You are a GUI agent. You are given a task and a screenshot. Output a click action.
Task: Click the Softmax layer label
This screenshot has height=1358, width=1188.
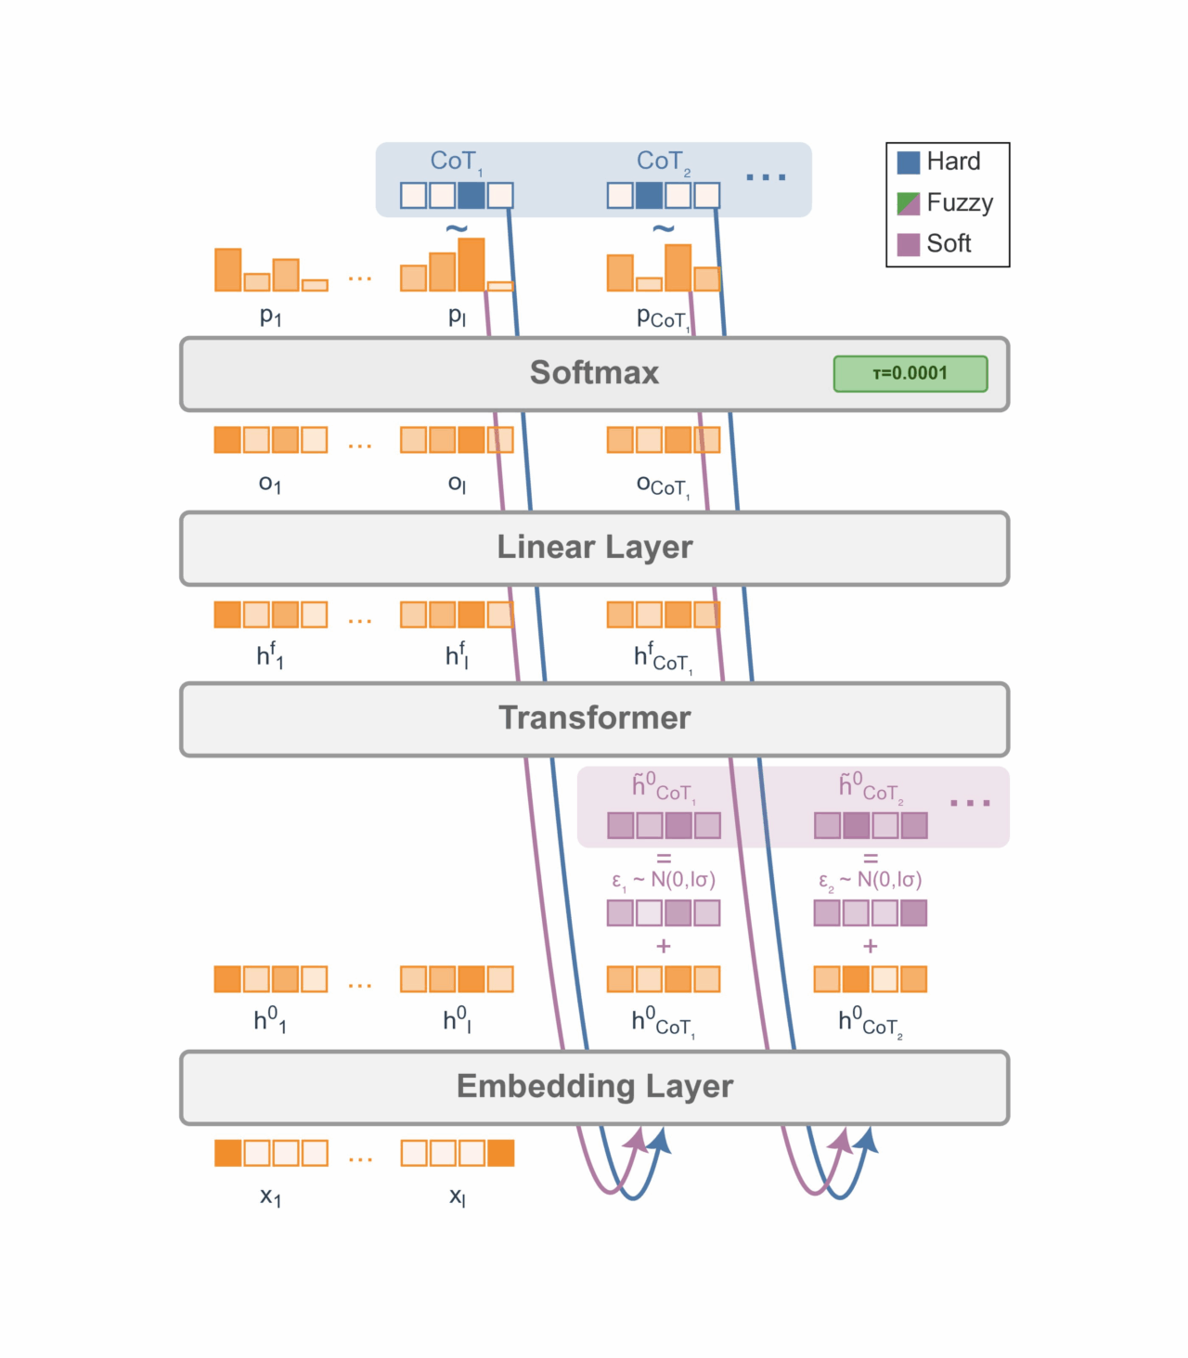pyautogui.click(x=593, y=372)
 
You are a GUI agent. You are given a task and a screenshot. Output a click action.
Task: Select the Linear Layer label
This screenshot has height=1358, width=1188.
pyautogui.click(x=594, y=547)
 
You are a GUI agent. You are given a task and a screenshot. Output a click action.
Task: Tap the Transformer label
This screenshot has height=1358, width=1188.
pyautogui.click(x=594, y=718)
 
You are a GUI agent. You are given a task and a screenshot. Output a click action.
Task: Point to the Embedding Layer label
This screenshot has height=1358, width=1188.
pyautogui.click(x=594, y=1086)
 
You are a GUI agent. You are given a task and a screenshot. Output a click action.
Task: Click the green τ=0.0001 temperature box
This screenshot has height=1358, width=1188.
pyautogui.click(x=910, y=374)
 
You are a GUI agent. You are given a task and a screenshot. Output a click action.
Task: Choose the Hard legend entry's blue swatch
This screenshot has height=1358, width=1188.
pyautogui.click(x=908, y=162)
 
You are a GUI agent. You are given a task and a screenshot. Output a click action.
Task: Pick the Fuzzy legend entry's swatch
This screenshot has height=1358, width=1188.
pyautogui.click(x=908, y=204)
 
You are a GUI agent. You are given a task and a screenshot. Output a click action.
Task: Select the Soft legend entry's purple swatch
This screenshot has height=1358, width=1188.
pyautogui.click(x=908, y=244)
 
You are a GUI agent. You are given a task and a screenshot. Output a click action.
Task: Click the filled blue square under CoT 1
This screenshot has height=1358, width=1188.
pyautogui.click(x=471, y=195)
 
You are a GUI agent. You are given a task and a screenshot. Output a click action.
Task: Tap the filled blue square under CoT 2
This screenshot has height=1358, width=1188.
pyautogui.click(x=649, y=195)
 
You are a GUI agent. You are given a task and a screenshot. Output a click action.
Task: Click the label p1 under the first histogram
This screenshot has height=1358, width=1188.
pyautogui.click(x=270, y=316)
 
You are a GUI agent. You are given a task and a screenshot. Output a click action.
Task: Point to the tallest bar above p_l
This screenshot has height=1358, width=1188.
pyautogui.click(x=471, y=265)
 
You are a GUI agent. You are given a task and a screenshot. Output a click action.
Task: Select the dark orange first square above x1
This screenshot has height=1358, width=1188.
pyautogui.click(x=227, y=1153)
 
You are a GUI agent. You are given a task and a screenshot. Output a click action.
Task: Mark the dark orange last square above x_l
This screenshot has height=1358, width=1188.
pyautogui.click(x=500, y=1153)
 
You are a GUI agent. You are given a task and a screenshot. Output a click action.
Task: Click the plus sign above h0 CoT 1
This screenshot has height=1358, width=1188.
pyautogui.click(x=663, y=946)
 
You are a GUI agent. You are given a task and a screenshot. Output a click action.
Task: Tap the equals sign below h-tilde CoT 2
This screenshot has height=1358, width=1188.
pyautogui.click(x=870, y=859)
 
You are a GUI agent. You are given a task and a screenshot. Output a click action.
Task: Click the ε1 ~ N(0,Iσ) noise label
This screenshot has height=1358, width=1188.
pyautogui.click(x=663, y=881)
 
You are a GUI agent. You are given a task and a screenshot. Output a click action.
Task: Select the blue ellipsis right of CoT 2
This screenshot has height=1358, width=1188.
pyautogui.click(x=765, y=177)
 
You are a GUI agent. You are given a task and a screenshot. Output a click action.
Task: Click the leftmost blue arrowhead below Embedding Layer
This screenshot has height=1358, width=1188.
pyautogui.click(x=661, y=1140)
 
